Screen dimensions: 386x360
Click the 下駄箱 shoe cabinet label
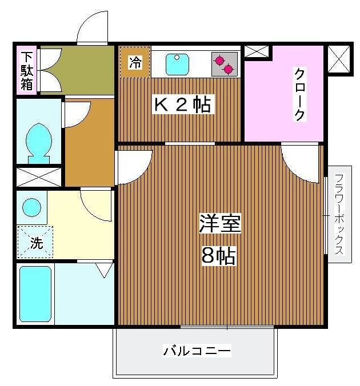[27, 71]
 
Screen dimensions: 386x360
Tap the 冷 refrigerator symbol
[134, 62]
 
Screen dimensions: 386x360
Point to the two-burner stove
[223, 64]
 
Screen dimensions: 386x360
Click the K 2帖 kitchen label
[182, 105]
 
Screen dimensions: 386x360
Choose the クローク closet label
[299, 94]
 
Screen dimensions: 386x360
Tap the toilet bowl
[38, 139]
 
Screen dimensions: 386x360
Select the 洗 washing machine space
[35, 243]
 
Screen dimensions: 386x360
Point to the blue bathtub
[35, 295]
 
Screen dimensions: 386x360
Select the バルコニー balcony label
[197, 351]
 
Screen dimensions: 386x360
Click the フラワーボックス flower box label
[339, 214]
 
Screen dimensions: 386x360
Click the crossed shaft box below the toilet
[38, 176]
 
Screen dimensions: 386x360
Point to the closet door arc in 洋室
[299, 163]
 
